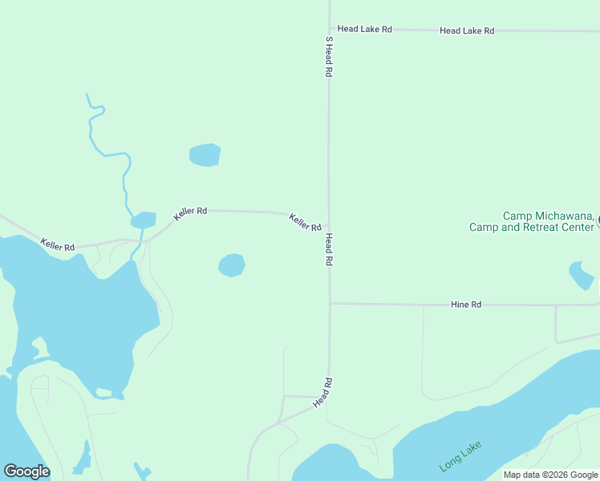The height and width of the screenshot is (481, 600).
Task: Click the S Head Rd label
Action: tap(329, 56)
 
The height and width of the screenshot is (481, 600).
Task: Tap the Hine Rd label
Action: tap(465, 305)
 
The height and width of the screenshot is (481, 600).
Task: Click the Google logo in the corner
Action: tap(26, 471)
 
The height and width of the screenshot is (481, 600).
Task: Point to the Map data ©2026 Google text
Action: tap(550, 475)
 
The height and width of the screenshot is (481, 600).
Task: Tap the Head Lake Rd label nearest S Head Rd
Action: tap(364, 29)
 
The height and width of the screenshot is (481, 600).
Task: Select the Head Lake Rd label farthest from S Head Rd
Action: tap(466, 30)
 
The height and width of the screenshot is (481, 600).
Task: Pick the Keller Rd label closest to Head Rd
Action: tap(305, 222)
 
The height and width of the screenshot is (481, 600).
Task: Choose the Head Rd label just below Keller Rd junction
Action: tap(329, 250)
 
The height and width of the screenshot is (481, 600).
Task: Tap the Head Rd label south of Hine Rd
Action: tap(322, 392)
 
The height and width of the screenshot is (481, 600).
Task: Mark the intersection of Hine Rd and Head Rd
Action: tap(330, 303)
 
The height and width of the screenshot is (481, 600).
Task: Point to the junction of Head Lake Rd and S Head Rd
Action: tap(329, 29)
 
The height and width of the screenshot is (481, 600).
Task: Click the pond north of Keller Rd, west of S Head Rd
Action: tap(205, 155)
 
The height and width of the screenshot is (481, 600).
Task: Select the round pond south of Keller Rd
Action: tap(231, 265)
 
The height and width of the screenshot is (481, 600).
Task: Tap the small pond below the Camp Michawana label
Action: tap(581, 275)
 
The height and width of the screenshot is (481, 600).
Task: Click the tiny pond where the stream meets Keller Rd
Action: tap(144, 219)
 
